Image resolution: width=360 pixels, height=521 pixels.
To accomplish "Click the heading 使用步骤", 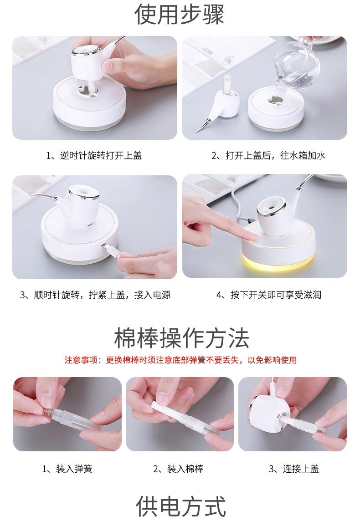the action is tap(180, 14).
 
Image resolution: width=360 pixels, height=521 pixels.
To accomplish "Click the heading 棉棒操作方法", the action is tap(181, 338).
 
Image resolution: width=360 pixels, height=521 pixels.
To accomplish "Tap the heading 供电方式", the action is tap(181, 506).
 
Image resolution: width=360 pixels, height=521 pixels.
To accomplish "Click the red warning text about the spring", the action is tap(180, 360).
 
